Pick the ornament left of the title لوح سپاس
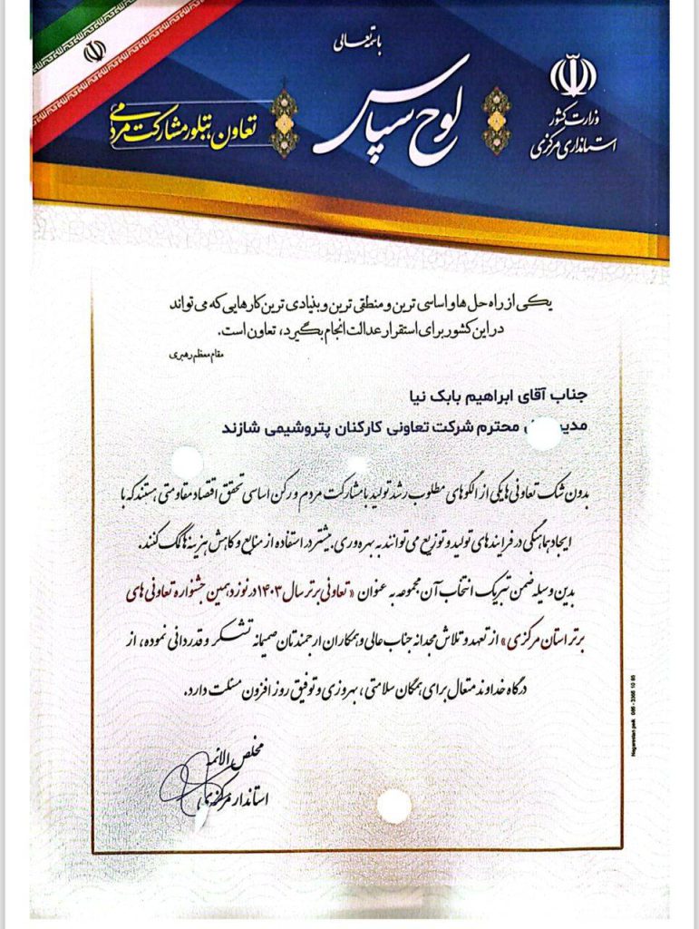pyautogui.click(x=285, y=120)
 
